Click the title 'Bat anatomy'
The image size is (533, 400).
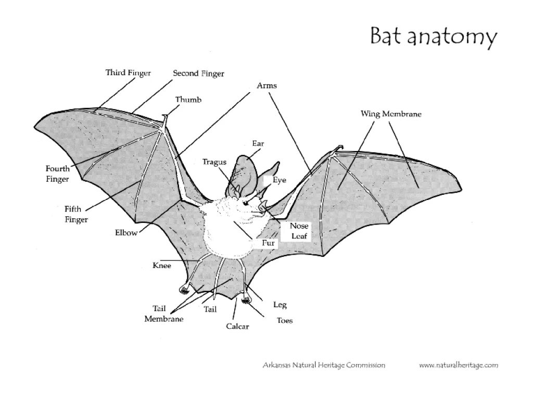tap(433, 37)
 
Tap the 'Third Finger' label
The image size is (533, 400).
tap(128, 73)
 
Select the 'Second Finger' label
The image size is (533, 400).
tap(198, 74)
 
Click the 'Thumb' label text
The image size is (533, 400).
tap(188, 99)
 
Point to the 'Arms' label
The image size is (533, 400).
tap(267, 85)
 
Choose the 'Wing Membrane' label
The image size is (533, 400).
tap(391, 114)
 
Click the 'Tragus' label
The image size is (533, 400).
tap(214, 162)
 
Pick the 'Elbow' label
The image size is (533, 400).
tap(126, 233)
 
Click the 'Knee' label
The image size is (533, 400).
tap(161, 266)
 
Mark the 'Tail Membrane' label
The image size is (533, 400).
tap(163, 314)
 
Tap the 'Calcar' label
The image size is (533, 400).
tap(237, 327)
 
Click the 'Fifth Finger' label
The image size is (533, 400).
tap(76, 214)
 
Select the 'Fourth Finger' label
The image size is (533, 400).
tap(57, 174)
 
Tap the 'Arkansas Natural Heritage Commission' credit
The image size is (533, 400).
tap(323, 366)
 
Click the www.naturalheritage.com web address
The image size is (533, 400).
tap(459, 366)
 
